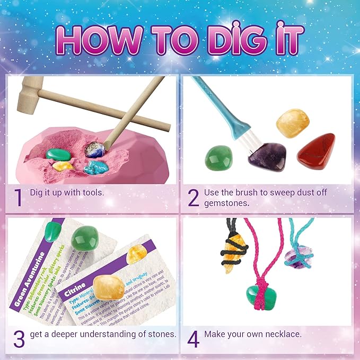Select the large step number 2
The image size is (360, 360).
pos(194,197)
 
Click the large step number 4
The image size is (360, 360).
pos(194,338)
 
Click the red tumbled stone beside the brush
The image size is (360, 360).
pos(315,152)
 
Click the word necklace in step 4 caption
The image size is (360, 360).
pos(282,335)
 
